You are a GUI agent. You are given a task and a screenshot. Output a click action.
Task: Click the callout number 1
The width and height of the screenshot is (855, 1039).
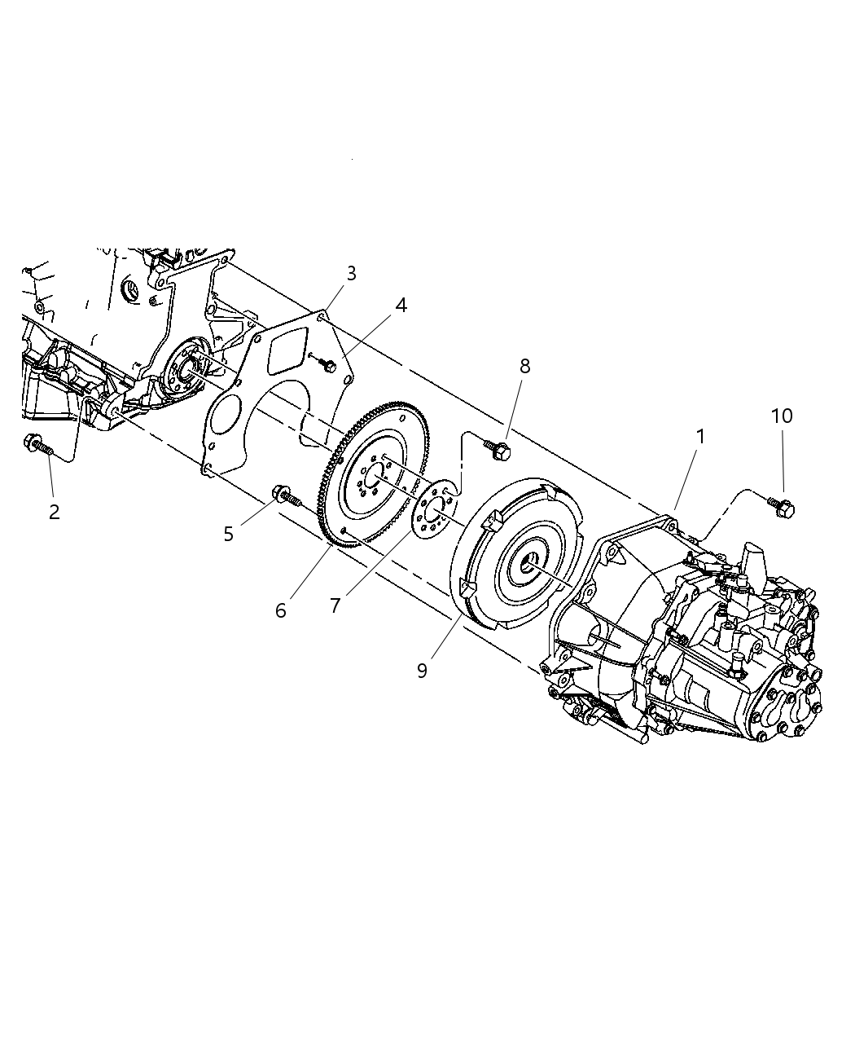699,437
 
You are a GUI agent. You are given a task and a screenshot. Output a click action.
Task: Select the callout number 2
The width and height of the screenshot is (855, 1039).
54,512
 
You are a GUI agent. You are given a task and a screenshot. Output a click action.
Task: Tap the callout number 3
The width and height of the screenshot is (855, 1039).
351,273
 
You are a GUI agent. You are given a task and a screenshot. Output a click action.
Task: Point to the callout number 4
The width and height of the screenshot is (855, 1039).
401,305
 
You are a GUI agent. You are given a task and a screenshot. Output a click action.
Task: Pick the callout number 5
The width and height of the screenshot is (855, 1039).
229,534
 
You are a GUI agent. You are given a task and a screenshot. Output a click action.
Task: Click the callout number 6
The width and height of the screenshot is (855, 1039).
281,610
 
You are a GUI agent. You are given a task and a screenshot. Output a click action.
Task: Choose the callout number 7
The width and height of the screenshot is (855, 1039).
335,606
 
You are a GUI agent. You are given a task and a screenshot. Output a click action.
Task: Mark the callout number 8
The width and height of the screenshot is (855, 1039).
524,366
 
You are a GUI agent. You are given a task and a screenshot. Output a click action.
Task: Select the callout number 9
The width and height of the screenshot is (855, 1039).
422,670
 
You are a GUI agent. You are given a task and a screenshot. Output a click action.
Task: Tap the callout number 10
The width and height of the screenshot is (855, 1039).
781,416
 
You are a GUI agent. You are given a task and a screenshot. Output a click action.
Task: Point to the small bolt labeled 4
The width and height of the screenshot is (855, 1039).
327,366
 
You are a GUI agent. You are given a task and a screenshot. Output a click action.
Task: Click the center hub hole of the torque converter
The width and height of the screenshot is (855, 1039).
530,561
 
